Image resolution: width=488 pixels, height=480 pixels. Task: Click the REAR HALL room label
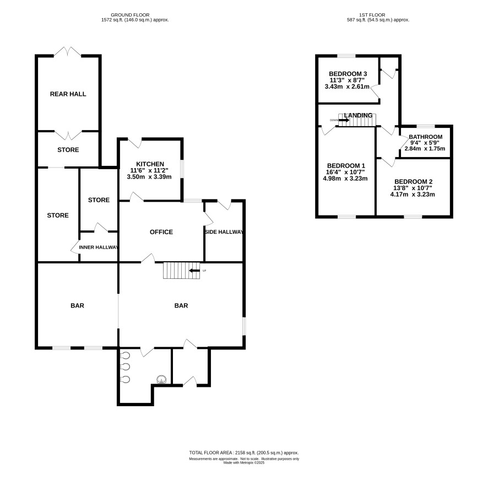click(x=68, y=94)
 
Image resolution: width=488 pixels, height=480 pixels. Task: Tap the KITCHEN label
click(x=150, y=164)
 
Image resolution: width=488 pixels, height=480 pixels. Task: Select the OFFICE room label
click(x=161, y=232)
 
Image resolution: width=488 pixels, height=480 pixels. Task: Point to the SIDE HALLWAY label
click(x=224, y=232)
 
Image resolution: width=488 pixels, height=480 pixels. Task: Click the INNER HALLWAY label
click(x=99, y=247)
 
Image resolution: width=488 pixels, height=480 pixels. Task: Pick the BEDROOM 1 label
click(x=346, y=166)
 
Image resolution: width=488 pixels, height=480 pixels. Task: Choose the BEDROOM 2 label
click(x=413, y=182)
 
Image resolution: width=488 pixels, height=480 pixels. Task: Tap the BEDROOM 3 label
click(x=348, y=74)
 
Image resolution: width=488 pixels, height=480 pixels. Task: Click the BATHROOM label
click(x=425, y=137)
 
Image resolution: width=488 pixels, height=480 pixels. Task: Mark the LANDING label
click(x=358, y=115)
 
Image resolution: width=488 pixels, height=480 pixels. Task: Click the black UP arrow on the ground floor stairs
click(x=194, y=271)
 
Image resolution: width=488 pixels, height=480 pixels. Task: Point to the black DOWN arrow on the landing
click(x=344, y=120)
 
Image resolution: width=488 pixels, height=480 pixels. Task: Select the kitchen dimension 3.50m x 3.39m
click(x=149, y=177)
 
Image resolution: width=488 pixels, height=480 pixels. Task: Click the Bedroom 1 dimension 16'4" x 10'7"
click(x=345, y=172)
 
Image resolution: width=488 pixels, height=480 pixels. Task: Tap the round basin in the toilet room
click(x=161, y=379)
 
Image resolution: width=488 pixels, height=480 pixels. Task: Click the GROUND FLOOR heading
click(x=130, y=15)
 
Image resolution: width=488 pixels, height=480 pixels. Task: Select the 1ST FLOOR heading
click(x=372, y=15)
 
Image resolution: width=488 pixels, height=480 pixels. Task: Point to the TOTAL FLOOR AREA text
click(x=244, y=453)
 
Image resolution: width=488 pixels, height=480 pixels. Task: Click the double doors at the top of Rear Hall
click(x=68, y=52)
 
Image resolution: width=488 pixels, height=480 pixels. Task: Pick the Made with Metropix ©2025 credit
click(x=244, y=463)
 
